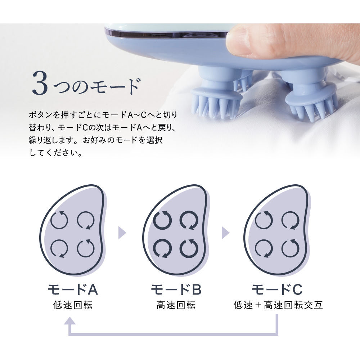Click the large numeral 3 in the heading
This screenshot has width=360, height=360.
pyautogui.click(x=40, y=83)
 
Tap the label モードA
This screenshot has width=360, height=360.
pyautogui.click(x=73, y=289)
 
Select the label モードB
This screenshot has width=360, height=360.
pyautogui.click(x=176, y=289)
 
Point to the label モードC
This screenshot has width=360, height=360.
pyautogui.click(x=277, y=289)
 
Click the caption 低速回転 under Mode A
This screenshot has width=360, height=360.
pyautogui.click(x=73, y=305)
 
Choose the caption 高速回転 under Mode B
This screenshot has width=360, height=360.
pyautogui.click(x=176, y=305)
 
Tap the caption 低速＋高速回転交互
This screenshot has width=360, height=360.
pyautogui.click(x=278, y=305)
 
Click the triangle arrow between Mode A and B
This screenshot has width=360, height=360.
pyautogui.click(x=122, y=233)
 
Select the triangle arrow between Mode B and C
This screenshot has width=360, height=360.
pyautogui.click(x=225, y=233)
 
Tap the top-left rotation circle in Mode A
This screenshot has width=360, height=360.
pyautogui.click(x=59, y=220)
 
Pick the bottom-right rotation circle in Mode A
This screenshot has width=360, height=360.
pyautogui.click(x=86, y=248)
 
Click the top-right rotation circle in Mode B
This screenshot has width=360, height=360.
pyautogui.click(x=189, y=220)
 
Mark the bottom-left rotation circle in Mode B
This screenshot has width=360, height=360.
pyautogui.click(x=162, y=248)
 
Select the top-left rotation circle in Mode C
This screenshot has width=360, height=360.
pyautogui.click(x=264, y=220)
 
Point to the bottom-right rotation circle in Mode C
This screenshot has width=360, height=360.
pyautogui.click(x=291, y=248)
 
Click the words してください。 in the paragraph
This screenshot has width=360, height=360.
pyautogui.click(x=56, y=153)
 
